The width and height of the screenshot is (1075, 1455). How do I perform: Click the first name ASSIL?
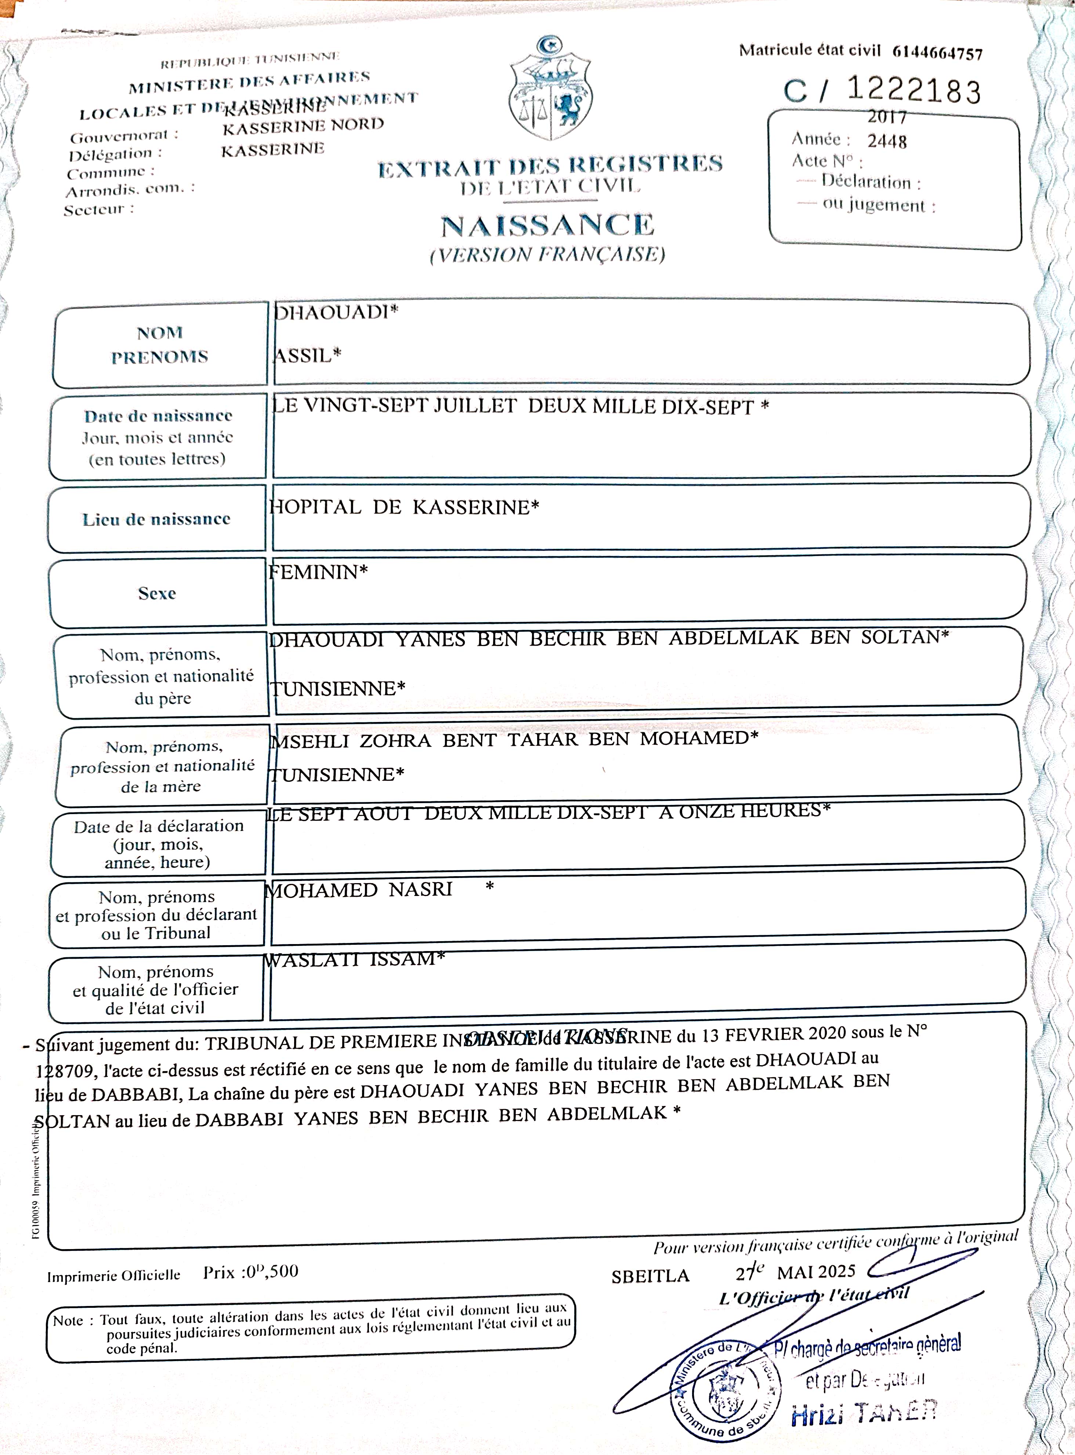(306, 355)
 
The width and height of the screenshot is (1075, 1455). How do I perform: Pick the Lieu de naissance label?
(156, 519)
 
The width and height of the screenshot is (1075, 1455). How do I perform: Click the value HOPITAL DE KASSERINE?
(403, 507)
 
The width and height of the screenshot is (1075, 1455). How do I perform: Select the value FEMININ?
(318, 572)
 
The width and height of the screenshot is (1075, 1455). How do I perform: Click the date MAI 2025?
(816, 1271)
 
